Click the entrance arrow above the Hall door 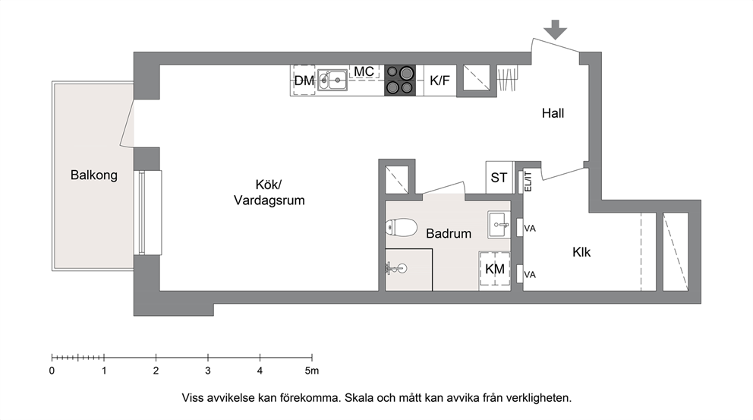(556, 30)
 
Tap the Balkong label (94, 175)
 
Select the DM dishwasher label (304, 81)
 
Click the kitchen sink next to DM (332, 80)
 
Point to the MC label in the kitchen (364, 71)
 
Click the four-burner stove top (399, 80)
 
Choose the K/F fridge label (440, 81)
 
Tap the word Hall (553, 113)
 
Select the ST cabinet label (499, 178)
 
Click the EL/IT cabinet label (528, 182)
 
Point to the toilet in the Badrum (401, 228)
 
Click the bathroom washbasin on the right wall (499, 224)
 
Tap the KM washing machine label (495, 269)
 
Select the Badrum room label (449, 234)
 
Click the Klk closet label (581, 252)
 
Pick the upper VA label (530, 229)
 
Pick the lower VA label (530, 275)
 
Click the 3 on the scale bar (208, 371)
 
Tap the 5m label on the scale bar (312, 371)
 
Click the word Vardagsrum (269, 201)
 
